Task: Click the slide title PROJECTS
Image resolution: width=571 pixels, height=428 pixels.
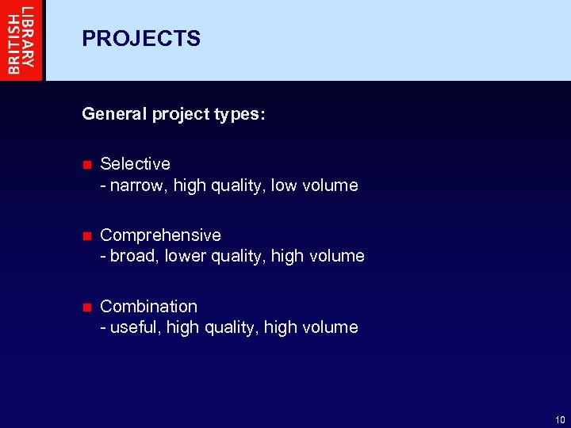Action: pyautogui.click(x=141, y=39)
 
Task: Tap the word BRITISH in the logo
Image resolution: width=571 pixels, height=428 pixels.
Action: pyautogui.click(x=13, y=40)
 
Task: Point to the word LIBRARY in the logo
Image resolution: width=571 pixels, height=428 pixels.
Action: pyautogui.click(x=29, y=39)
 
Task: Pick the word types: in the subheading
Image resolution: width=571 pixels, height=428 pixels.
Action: pyautogui.click(x=240, y=115)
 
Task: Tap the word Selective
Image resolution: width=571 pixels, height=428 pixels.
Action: pyautogui.click(x=135, y=164)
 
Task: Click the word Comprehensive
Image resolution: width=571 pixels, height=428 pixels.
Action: pyautogui.click(x=160, y=235)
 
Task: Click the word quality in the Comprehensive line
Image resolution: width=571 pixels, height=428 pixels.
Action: pyautogui.click(x=238, y=257)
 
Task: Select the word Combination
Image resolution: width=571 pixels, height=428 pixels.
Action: pyautogui.click(x=148, y=306)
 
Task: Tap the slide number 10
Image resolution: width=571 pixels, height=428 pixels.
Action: pyautogui.click(x=560, y=420)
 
